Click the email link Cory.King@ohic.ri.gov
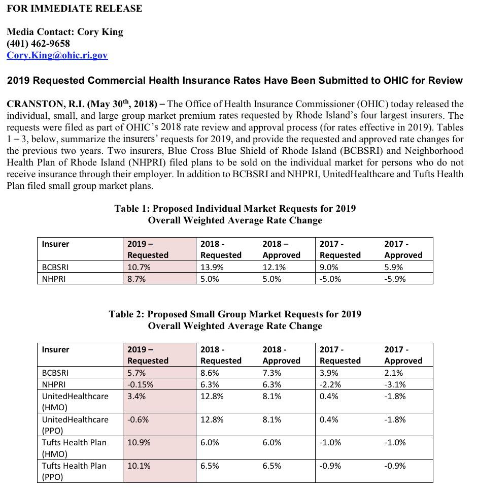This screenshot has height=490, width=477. (57, 55)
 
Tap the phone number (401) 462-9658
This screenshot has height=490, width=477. (39, 44)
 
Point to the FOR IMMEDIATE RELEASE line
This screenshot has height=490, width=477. (75, 9)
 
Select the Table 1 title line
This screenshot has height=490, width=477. (235, 209)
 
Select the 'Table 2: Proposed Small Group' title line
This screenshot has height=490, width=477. (235, 314)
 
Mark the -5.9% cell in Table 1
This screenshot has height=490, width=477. (395, 279)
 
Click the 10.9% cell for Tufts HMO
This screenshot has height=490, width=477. (139, 442)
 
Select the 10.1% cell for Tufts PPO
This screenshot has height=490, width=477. (139, 466)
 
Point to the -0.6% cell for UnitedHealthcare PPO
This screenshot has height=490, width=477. (139, 419)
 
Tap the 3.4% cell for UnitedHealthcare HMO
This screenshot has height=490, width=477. (137, 396)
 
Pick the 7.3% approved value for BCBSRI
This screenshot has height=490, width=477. (272, 373)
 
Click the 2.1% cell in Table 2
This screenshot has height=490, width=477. (394, 373)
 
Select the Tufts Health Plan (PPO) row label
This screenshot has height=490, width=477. (74, 471)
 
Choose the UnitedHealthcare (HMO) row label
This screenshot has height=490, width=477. (75, 402)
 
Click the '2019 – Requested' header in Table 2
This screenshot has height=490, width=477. (148, 355)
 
